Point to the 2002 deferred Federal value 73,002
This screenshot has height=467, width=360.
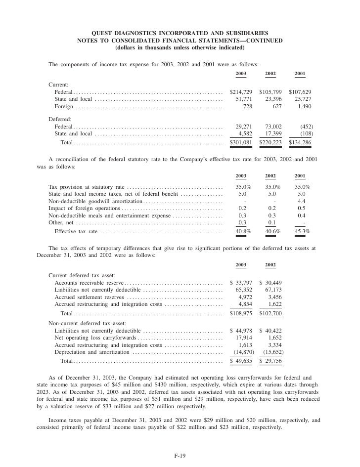pos(272,127)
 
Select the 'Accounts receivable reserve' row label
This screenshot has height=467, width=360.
pos(89,282)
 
